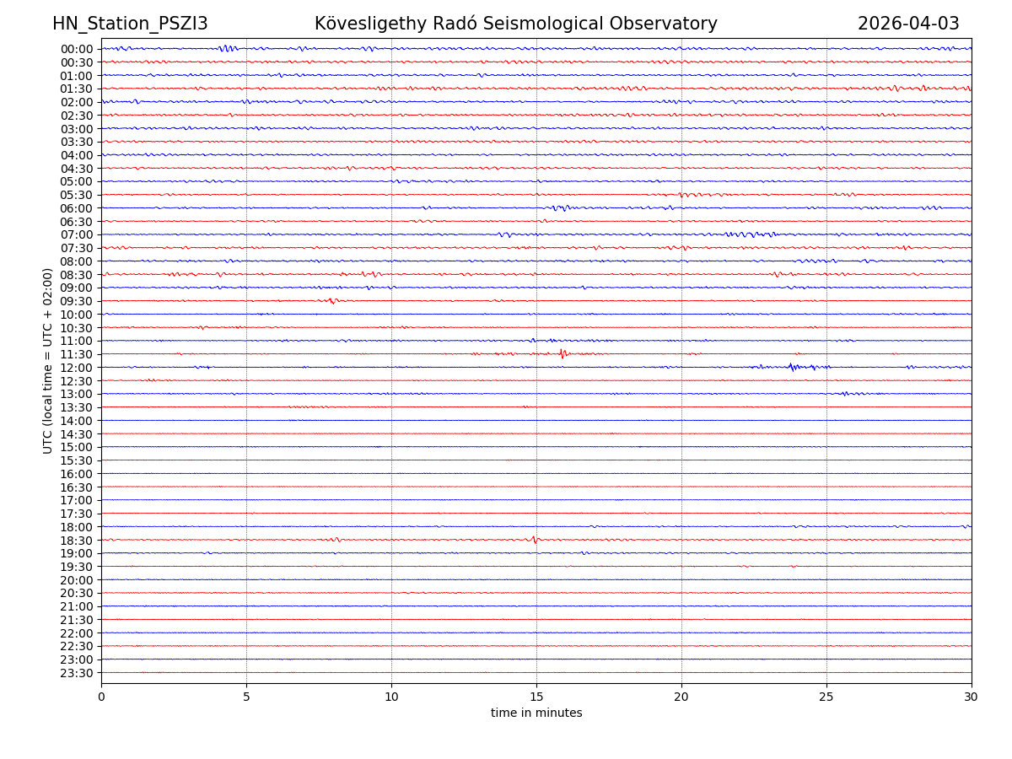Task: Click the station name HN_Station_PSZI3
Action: [130, 24]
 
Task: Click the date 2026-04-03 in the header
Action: [908, 24]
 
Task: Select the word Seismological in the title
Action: [541, 24]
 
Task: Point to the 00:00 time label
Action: [77, 49]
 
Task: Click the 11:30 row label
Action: [77, 354]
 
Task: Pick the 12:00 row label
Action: [77, 368]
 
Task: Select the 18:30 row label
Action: [77, 541]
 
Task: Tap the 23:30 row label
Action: [77, 673]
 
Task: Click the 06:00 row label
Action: [77, 208]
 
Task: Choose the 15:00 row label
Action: [77, 447]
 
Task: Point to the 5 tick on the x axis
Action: [246, 697]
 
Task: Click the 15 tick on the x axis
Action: [536, 697]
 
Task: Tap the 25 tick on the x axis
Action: [826, 697]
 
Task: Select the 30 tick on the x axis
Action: [972, 697]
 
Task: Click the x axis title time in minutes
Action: [536, 713]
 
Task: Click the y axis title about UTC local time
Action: [48, 360]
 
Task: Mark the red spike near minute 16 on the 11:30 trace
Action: [562, 353]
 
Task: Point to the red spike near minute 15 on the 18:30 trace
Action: [535, 539]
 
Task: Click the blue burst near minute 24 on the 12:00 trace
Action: [792, 367]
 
